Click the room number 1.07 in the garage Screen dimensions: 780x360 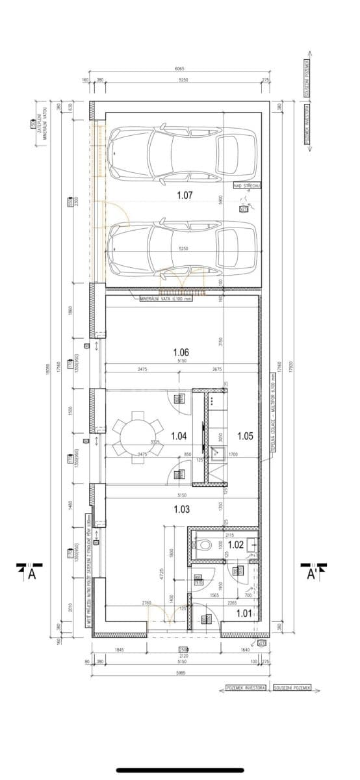(x=186, y=194)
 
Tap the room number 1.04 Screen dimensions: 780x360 (x=179, y=436)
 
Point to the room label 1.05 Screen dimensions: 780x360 (x=245, y=436)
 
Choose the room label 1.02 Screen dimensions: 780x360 (x=235, y=545)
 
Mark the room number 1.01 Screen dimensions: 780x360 (x=244, y=612)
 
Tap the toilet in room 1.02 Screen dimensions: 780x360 (x=205, y=545)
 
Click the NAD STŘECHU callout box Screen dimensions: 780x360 (x=247, y=186)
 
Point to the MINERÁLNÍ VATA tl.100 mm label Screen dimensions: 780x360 (x=167, y=299)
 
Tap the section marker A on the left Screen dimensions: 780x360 (x=30, y=572)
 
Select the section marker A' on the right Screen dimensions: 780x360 (x=312, y=572)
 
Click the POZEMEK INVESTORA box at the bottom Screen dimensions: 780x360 (x=246, y=687)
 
